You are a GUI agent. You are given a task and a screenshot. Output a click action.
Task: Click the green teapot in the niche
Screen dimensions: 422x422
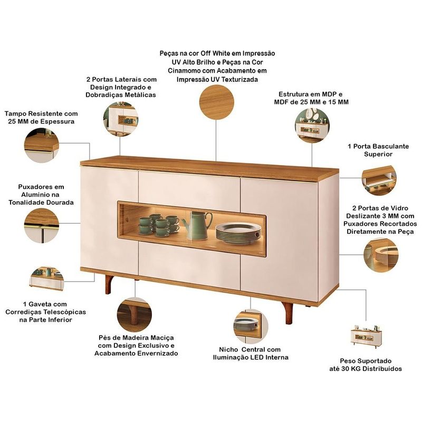[x=197, y=226]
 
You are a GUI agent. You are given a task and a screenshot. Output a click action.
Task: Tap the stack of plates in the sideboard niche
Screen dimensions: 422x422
[x=238, y=233]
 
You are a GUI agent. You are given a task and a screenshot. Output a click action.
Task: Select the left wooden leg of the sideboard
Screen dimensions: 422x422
[x=110, y=284]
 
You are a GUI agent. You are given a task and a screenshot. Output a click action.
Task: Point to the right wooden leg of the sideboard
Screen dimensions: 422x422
[x=287, y=313]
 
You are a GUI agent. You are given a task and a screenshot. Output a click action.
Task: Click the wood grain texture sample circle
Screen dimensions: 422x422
[x=217, y=102]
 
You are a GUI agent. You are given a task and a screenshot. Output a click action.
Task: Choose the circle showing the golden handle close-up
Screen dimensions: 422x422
[x=42, y=226]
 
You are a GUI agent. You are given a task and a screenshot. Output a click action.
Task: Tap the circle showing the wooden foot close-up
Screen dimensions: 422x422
[x=135, y=314]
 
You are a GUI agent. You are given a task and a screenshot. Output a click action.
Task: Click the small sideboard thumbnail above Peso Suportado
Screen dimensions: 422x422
[x=366, y=337]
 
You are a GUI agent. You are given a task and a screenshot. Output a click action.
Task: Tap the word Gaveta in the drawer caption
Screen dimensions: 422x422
[x=43, y=304]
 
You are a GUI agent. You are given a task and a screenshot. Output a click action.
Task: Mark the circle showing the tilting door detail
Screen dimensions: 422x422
[x=379, y=180]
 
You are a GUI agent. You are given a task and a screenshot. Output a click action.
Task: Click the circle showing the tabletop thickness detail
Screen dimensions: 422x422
[x=42, y=146]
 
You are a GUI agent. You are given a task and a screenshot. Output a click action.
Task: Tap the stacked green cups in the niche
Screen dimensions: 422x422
[x=159, y=225]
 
